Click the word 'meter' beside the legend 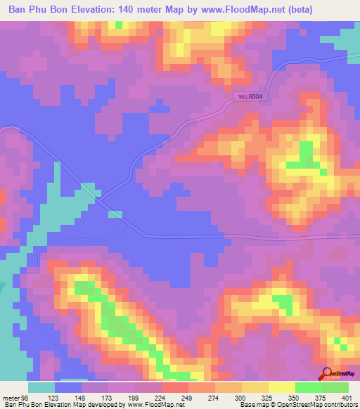tap(9, 396)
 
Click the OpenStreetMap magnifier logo tap(326, 375)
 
